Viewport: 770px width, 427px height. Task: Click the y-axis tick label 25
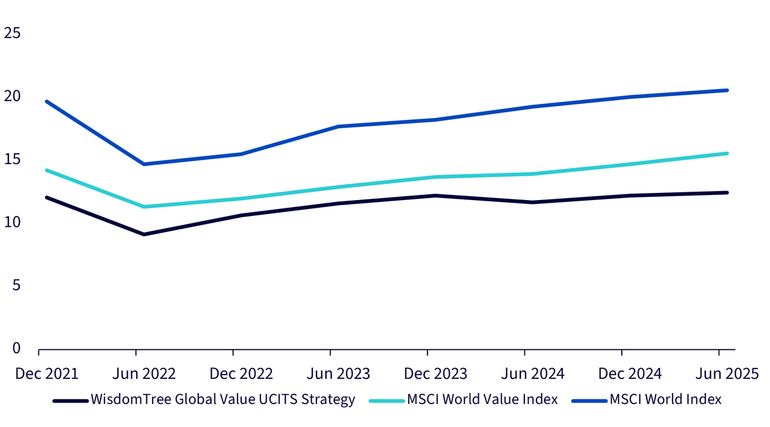coord(12,33)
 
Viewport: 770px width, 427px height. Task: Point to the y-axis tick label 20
coord(12,96)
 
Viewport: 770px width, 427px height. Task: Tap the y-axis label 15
coord(12,159)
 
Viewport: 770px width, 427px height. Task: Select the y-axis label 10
coord(12,222)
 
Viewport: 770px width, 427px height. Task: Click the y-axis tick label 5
coord(16,285)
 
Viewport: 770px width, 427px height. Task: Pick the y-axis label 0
coord(16,348)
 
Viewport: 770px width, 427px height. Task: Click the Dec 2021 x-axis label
coord(47,374)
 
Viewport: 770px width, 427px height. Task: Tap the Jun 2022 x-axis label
coord(144,374)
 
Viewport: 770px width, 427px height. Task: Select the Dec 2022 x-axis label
coord(241,374)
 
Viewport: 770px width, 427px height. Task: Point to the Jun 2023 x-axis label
coord(338,374)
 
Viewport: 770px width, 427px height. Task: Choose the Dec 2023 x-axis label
coord(436,374)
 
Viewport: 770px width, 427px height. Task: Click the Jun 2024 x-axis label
coord(533,374)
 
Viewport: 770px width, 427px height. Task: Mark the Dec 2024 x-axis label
coord(629,374)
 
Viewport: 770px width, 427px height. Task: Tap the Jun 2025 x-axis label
coord(727,374)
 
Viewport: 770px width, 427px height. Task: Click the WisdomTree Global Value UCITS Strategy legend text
coord(223,399)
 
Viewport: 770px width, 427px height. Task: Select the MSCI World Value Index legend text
coord(483,399)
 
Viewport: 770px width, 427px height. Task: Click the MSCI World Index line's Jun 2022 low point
coord(144,164)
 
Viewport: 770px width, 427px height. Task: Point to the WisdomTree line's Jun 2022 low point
coord(144,234)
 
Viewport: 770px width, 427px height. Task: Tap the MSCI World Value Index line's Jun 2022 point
coord(144,207)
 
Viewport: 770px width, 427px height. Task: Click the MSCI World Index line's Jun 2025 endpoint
coord(726,90)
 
